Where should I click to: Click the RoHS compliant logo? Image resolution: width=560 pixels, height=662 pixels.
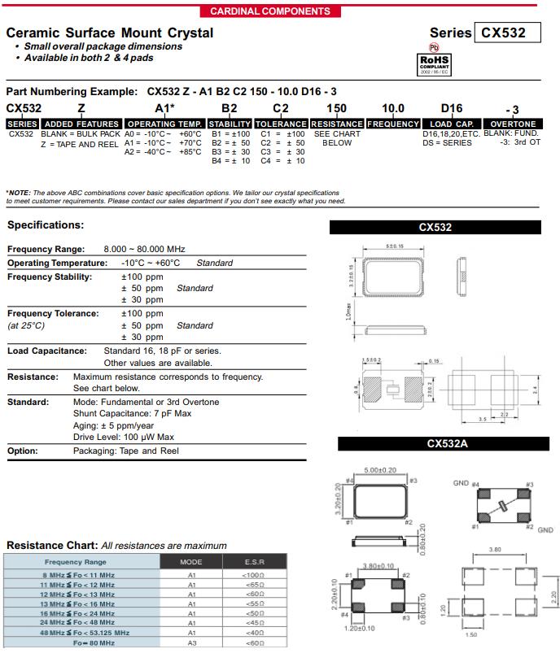coord(434,63)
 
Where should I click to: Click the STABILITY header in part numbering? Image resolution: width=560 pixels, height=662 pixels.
coord(230,124)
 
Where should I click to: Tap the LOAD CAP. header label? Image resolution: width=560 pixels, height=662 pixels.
coord(452,124)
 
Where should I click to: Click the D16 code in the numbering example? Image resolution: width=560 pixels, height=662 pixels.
coord(451,108)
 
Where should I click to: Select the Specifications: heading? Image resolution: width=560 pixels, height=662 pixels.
coord(46,225)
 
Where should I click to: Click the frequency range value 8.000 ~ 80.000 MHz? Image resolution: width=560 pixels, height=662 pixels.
coord(144,249)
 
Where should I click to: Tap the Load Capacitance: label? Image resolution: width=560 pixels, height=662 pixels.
coord(47,351)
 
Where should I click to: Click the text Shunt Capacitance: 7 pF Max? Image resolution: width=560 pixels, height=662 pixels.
coord(132,413)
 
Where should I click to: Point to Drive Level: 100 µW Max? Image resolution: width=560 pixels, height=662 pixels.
coord(124,438)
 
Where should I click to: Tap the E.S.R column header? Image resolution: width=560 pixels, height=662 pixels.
coord(254,562)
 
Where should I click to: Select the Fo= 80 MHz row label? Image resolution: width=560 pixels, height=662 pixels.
coord(94,642)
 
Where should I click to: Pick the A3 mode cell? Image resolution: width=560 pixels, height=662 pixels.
coord(192,642)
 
